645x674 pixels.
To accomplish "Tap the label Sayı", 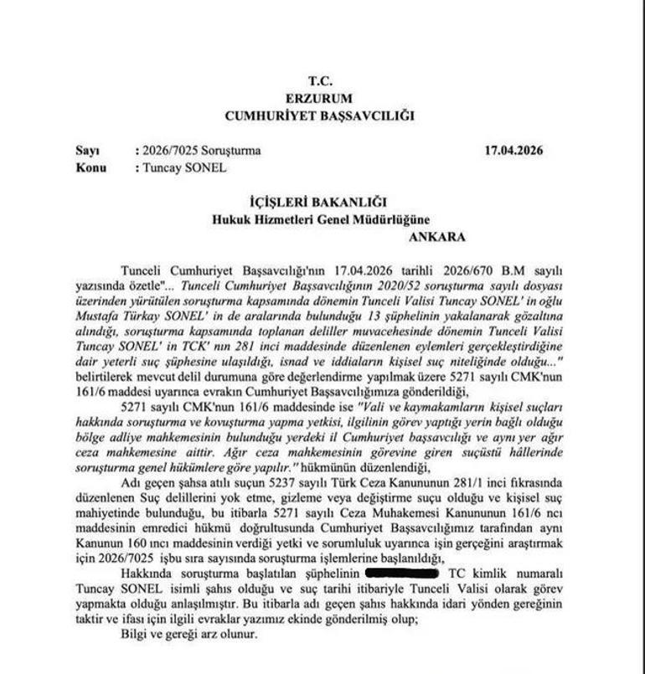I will pyautogui.click(x=87, y=151).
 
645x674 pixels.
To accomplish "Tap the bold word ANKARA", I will pyautogui.click(x=436, y=236).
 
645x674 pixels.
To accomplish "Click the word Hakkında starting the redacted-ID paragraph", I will pyautogui.click(x=147, y=574).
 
